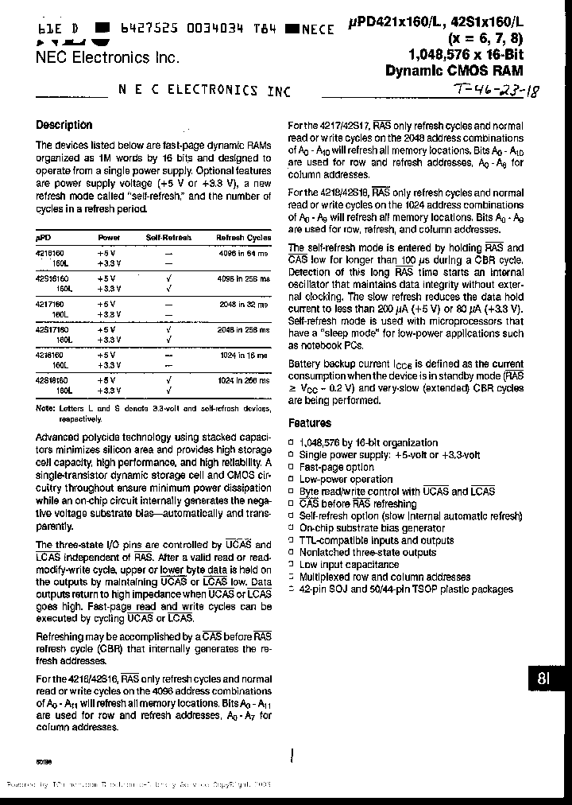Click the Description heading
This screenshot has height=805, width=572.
(64, 125)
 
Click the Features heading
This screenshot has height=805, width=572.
(310, 424)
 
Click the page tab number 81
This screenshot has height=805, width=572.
(545, 679)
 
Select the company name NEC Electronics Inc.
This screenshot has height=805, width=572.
(107, 57)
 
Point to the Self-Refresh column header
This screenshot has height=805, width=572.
(168, 238)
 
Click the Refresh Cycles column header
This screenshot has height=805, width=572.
(243, 238)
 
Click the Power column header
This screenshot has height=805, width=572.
(109, 238)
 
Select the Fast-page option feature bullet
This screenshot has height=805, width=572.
(336, 468)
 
